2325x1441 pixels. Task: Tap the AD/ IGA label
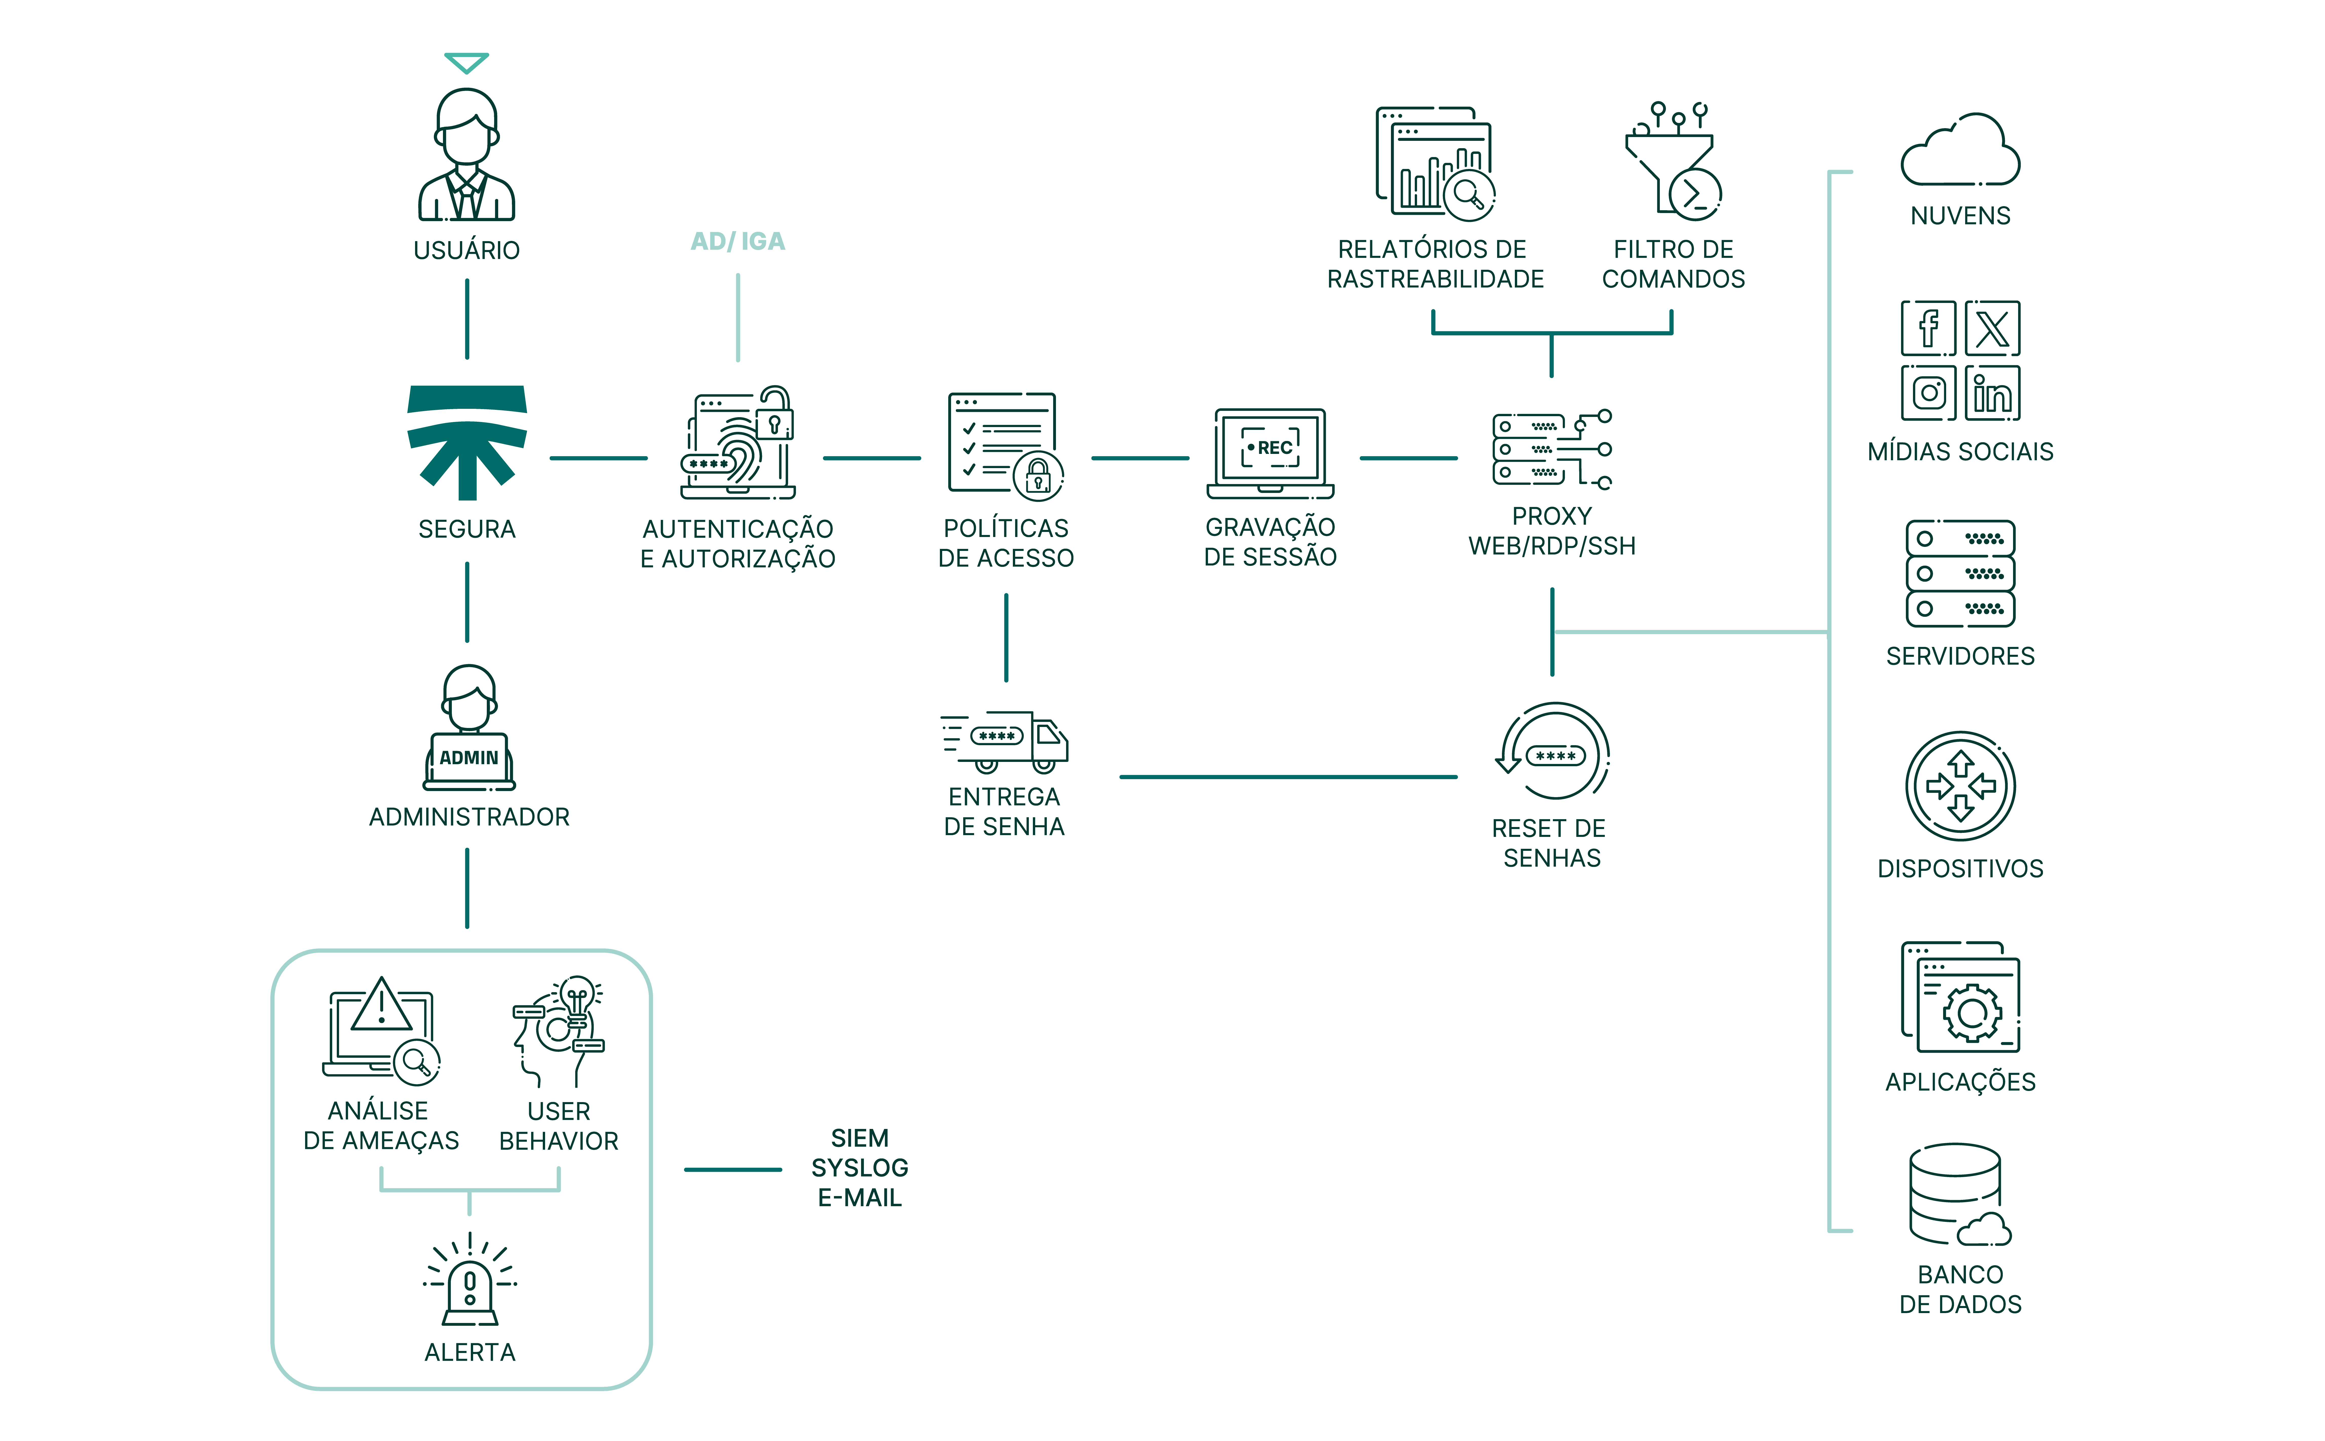(x=737, y=241)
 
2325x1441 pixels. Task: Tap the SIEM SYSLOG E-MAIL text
(x=859, y=1167)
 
